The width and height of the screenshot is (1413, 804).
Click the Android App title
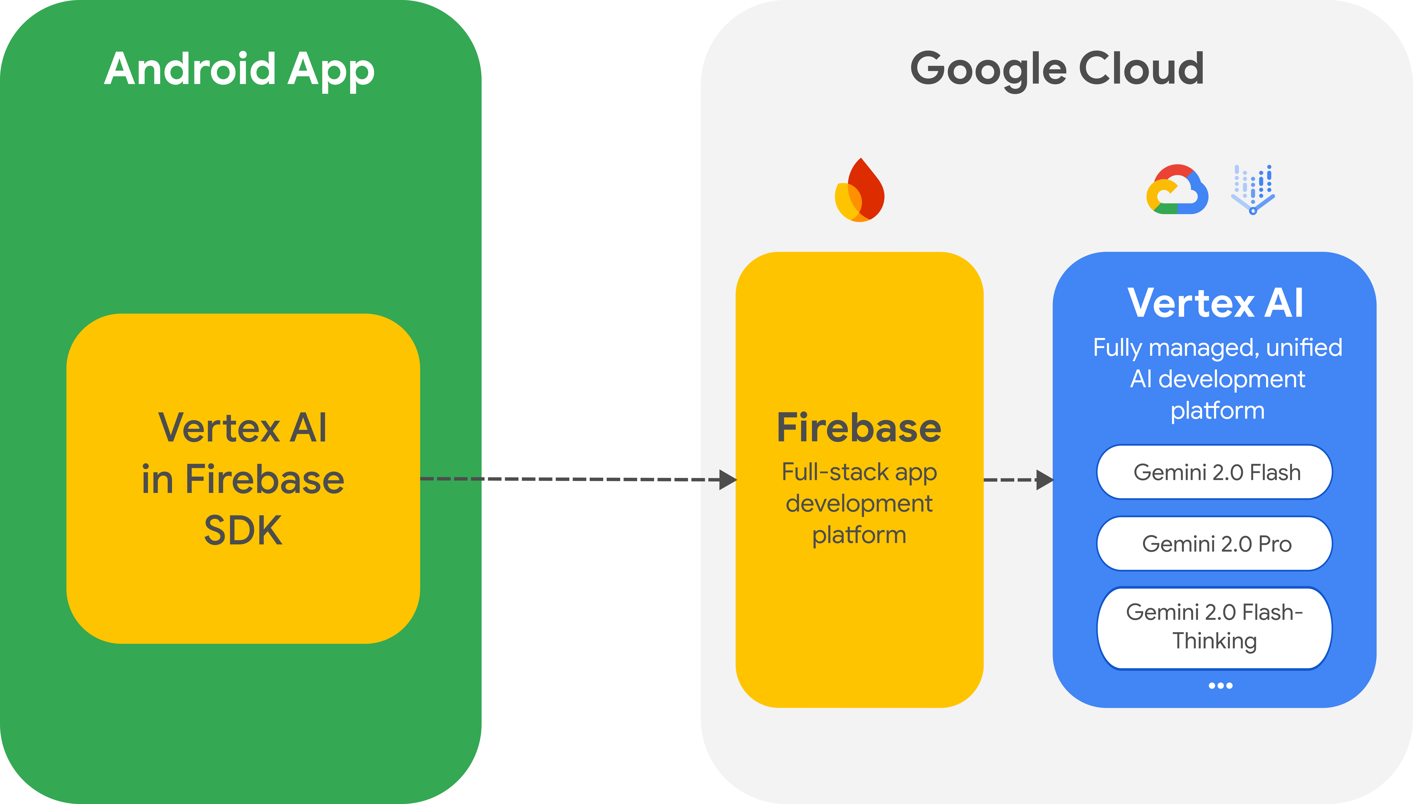pyautogui.click(x=239, y=70)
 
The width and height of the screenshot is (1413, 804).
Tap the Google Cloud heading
pyautogui.click(x=1057, y=70)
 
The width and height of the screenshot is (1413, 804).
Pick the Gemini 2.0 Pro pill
pyautogui.click(x=1215, y=544)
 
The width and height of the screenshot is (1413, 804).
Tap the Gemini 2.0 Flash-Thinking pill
pyautogui.click(x=1215, y=627)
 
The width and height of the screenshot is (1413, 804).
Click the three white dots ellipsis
pyautogui.click(x=1220, y=686)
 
